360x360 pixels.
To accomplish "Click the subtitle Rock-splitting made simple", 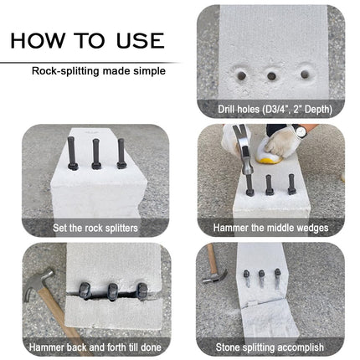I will tap(98, 71).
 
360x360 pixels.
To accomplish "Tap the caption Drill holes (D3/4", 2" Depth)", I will tap(270, 108).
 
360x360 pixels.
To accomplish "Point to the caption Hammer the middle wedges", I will tap(270, 226).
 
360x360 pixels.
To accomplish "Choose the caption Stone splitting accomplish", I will tap(270, 346).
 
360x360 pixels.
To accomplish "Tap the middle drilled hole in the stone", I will tap(272, 75).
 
